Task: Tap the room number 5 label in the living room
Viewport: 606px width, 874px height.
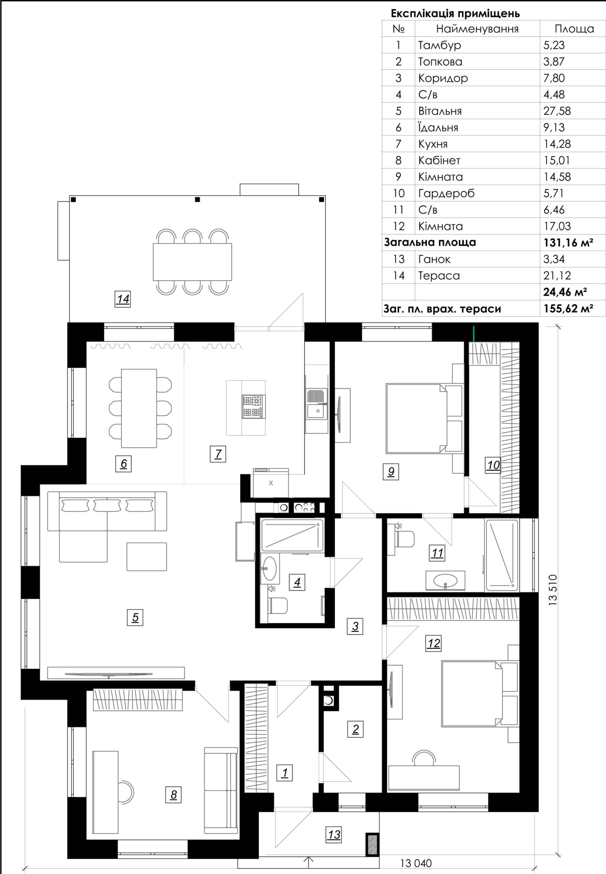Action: (x=135, y=617)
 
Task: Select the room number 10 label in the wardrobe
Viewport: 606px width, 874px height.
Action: (x=493, y=465)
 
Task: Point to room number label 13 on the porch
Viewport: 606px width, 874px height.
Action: (x=334, y=834)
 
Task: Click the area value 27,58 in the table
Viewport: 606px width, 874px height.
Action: (x=557, y=111)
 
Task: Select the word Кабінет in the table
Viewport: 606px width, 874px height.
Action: (x=439, y=160)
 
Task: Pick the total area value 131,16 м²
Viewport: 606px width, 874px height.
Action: (x=568, y=242)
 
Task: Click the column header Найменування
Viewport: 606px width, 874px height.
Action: (x=477, y=29)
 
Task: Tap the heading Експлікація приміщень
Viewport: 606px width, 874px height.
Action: (x=455, y=14)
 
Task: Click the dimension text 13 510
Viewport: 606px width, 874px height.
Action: (x=553, y=590)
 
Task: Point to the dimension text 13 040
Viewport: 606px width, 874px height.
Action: (x=416, y=863)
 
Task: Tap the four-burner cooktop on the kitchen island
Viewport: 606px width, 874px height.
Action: (x=253, y=406)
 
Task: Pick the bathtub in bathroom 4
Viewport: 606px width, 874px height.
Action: (x=292, y=536)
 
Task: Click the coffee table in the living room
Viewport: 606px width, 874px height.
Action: (x=147, y=556)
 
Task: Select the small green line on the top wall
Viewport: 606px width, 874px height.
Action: (x=474, y=334)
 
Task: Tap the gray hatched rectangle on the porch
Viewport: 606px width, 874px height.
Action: (x=373, y=844)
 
